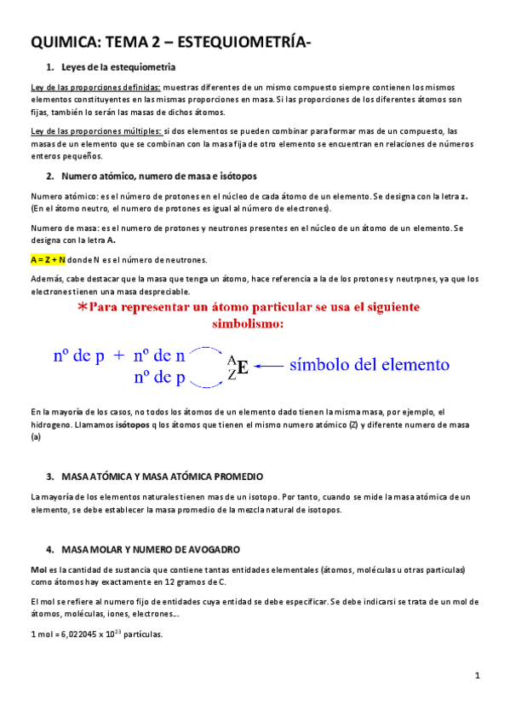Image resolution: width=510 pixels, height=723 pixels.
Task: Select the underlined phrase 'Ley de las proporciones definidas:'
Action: [95, 87]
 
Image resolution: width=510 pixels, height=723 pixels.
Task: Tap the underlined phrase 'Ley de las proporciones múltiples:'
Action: [95, 131]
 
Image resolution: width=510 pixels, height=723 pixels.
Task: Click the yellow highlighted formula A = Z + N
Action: [48, 259]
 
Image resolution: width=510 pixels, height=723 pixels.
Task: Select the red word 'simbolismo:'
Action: [253, 325]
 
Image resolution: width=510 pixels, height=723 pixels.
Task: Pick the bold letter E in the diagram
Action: [243, 367]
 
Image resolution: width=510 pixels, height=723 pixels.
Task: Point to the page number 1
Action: [478, 676]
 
